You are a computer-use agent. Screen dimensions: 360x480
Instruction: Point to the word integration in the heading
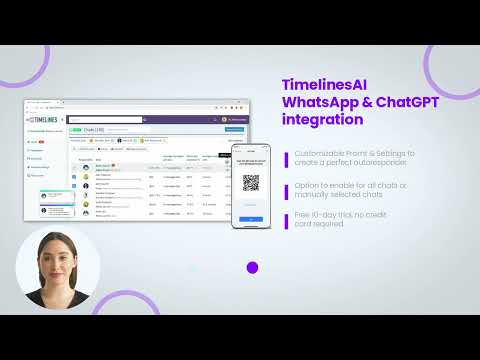pos(322,120)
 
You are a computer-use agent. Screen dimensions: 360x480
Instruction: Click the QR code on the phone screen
pos(251,183)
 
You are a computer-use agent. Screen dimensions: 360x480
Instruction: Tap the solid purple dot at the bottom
pos(252,267)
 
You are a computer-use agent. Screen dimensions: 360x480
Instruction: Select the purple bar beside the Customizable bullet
pos(286,158)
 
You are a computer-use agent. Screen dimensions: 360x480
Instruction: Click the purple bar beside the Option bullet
pos(286,190)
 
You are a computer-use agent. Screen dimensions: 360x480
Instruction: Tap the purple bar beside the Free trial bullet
pos(286,219)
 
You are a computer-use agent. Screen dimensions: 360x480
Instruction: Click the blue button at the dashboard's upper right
pos(234,129)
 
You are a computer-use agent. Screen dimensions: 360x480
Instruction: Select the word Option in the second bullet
pos(305,185)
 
